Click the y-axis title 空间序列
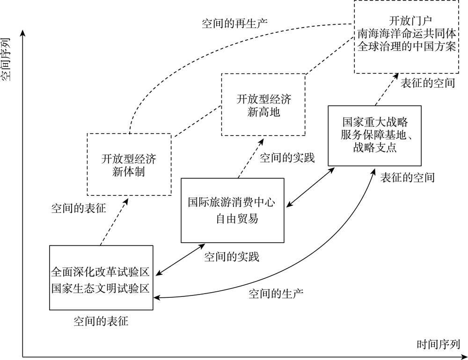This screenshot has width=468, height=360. [x=7, y=59]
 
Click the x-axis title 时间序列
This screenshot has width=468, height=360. [x=439, y=345]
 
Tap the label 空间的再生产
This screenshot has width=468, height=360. [x=234, y=23]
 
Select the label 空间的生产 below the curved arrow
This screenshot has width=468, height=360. [x=276, y=294]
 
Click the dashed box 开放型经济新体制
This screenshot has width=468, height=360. [x=129, y=164]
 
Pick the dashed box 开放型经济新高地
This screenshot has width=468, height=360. [x=263, y=105]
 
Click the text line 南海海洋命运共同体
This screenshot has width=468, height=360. [x=406, y=34]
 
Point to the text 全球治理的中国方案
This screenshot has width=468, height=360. [x=406, y=46]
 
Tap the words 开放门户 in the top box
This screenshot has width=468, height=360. [x=406, y=21]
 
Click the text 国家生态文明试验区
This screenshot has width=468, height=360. [x=101, y=287]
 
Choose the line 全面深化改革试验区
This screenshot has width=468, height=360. [x=101, y=273]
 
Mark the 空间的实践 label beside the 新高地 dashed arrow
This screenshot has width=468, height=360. [x=287, y=158]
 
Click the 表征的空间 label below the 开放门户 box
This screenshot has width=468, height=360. [x=428, y=84]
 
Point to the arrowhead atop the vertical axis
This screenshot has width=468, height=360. [x=22, y=34]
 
